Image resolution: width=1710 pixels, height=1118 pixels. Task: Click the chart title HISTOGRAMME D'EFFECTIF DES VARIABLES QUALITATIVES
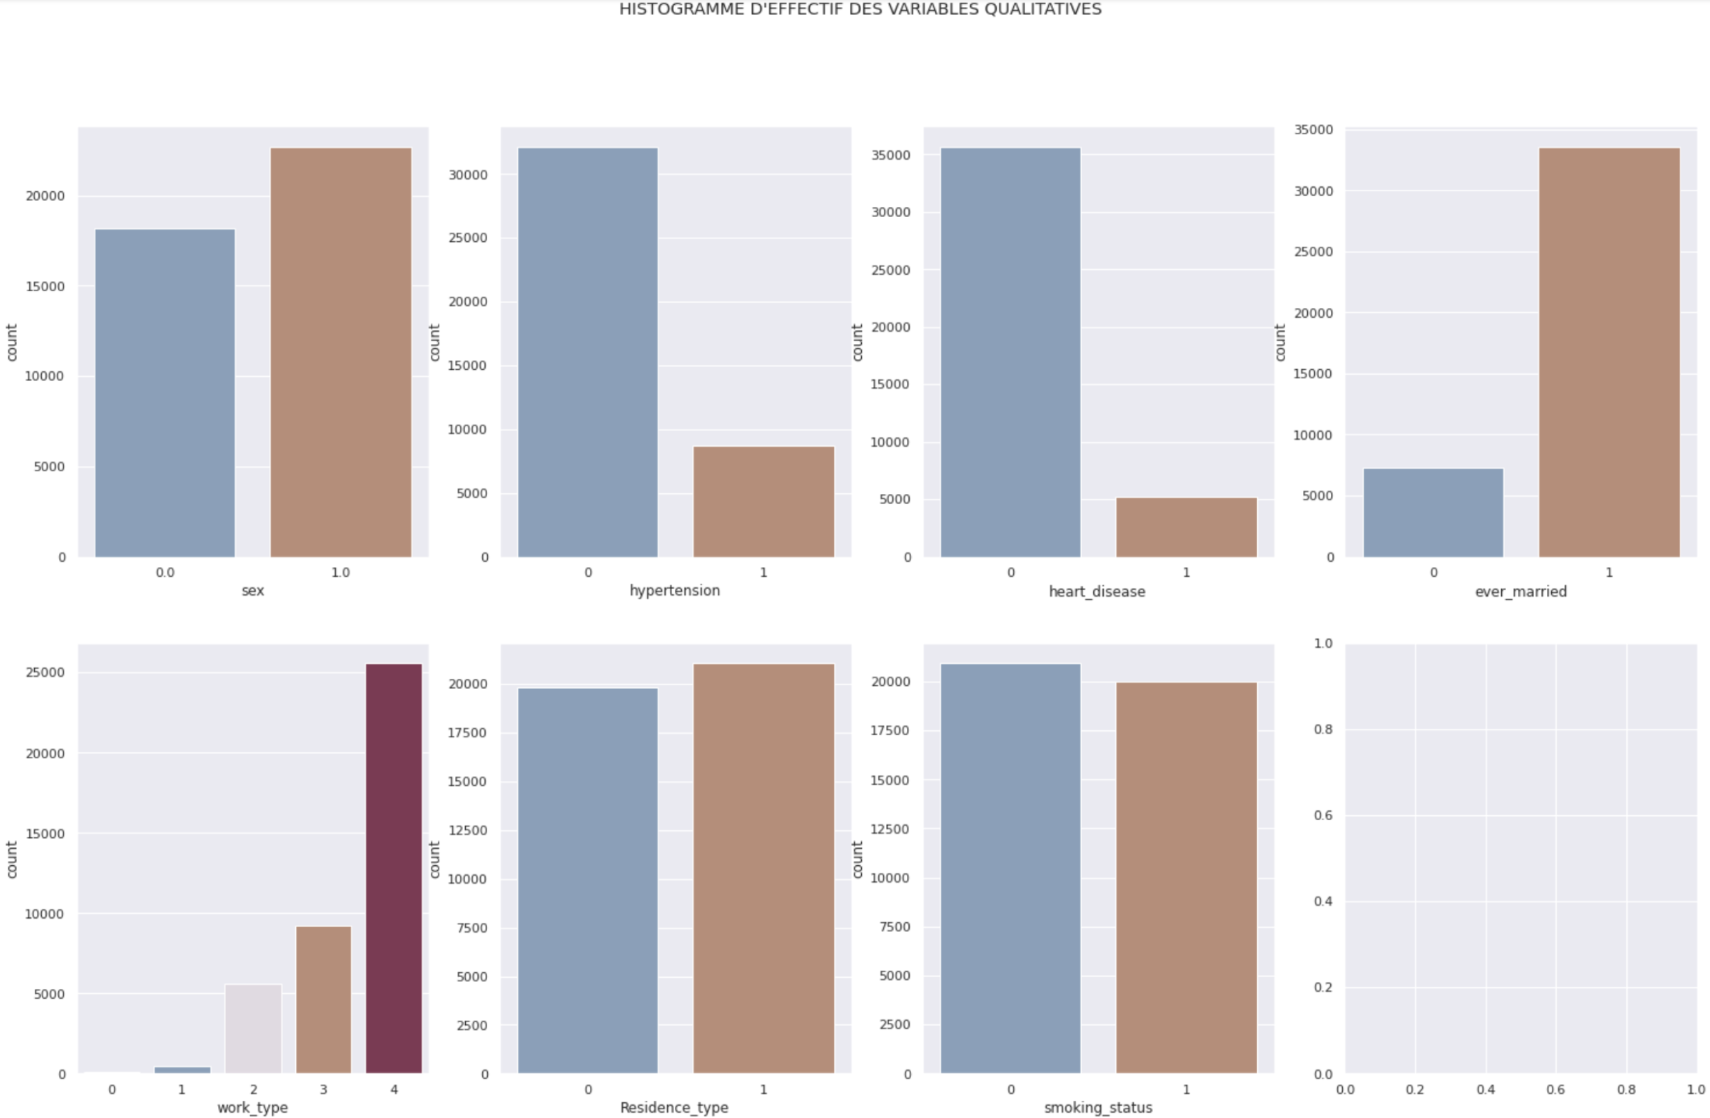coord(860,10)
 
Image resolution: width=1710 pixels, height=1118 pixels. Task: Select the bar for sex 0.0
coord(165,393)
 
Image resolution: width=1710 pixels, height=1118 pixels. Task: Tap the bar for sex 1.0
coord(340,352)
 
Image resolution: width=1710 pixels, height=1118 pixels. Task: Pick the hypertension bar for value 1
coord(763,501)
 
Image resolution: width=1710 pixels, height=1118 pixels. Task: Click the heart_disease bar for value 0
coord(1011,352)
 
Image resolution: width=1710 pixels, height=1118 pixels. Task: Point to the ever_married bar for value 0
coord(1433,512)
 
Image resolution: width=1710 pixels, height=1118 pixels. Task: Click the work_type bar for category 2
coord(253,1028)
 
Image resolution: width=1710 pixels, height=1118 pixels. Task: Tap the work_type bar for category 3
coord(323,999)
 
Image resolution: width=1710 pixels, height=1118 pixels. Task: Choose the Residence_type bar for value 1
coord(763,868)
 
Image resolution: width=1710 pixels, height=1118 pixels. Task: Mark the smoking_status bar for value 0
coord(1011,868)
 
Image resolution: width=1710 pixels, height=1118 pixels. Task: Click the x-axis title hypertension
coord(674,591)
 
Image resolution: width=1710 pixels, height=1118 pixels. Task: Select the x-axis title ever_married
coord(1520,591)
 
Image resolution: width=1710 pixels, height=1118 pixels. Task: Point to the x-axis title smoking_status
coord(1098,1107)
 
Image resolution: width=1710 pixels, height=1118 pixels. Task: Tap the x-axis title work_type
coord(252,1107)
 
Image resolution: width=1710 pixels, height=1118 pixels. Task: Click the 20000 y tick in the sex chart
coord(45,196)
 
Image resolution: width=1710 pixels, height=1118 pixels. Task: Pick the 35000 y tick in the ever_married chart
coord(1313,130)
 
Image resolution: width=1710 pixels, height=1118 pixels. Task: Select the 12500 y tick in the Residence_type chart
coord(467,830)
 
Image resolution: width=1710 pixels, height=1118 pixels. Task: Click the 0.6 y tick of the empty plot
coord(1323,815)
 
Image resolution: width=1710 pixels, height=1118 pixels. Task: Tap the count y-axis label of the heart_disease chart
coord(857,342)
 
